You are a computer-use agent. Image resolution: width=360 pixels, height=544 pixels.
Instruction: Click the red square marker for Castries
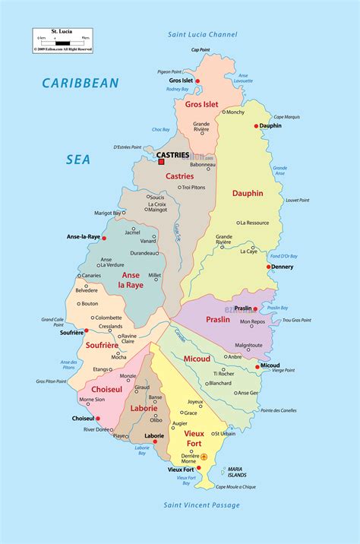coord(161,162)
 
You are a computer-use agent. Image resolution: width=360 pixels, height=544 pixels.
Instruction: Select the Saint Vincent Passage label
coord(201,505)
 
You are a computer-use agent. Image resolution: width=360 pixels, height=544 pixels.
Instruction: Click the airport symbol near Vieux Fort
coord(204,457)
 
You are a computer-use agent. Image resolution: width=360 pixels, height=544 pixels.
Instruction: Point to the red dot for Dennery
coord(269,267)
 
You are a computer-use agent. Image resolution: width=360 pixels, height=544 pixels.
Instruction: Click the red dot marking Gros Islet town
coord(197,81)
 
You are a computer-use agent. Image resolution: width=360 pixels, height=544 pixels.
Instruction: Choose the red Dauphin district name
coord(248,193)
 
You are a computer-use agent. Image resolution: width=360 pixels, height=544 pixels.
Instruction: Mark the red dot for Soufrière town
coord(87,331)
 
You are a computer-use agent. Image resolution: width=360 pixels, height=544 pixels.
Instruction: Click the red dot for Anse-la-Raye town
coord(106,236)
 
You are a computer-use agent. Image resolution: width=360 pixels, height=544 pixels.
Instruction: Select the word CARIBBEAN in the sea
coord(82,82)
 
